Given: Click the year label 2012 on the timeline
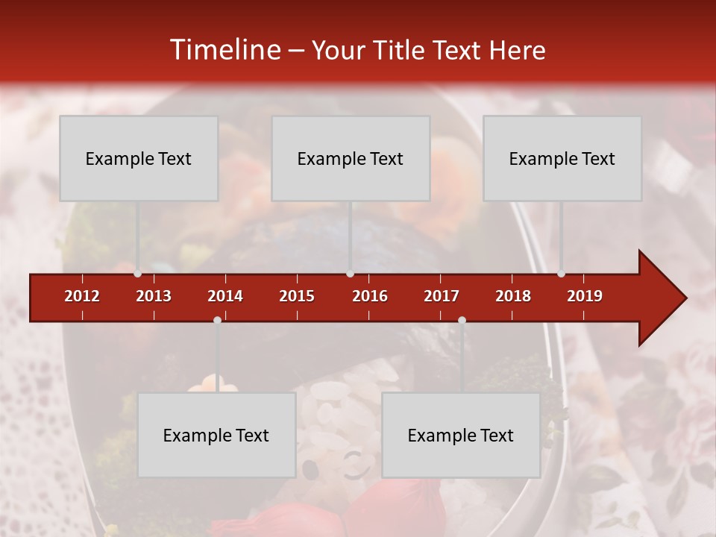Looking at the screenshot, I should [x=82, y=296].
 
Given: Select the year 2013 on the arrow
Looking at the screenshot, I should [x=154, y=296].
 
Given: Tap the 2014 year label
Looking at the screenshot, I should [x=225, y=296].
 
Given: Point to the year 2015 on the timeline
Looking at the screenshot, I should [x=297, y=296].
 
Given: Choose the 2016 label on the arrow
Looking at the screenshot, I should [x=370, y=296].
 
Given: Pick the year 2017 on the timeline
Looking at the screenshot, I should [x=442, y=296].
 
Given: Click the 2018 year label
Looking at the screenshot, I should [x=513, y=296].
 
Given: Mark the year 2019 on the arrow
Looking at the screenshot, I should [x=585, y=296].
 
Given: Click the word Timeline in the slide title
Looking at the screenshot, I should [x=224, y=50].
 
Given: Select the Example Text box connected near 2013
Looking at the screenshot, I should [x=139, y=158].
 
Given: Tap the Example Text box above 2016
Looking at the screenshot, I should [x=351, y=158].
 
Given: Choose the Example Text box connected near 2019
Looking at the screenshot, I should [x=562, y=158].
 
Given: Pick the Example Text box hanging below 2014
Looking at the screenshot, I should [x=216, y=435].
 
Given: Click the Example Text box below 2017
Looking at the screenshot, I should [x=461, y=435].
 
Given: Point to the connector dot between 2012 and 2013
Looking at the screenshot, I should [x=137, y=274].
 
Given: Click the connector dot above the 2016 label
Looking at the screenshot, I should [x=350, y=274].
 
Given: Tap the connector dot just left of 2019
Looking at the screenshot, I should [x=561, y=274].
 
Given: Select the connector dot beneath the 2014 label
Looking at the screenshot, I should [x=217, y=320].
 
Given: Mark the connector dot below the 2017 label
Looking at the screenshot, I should [x=462, y=320].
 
